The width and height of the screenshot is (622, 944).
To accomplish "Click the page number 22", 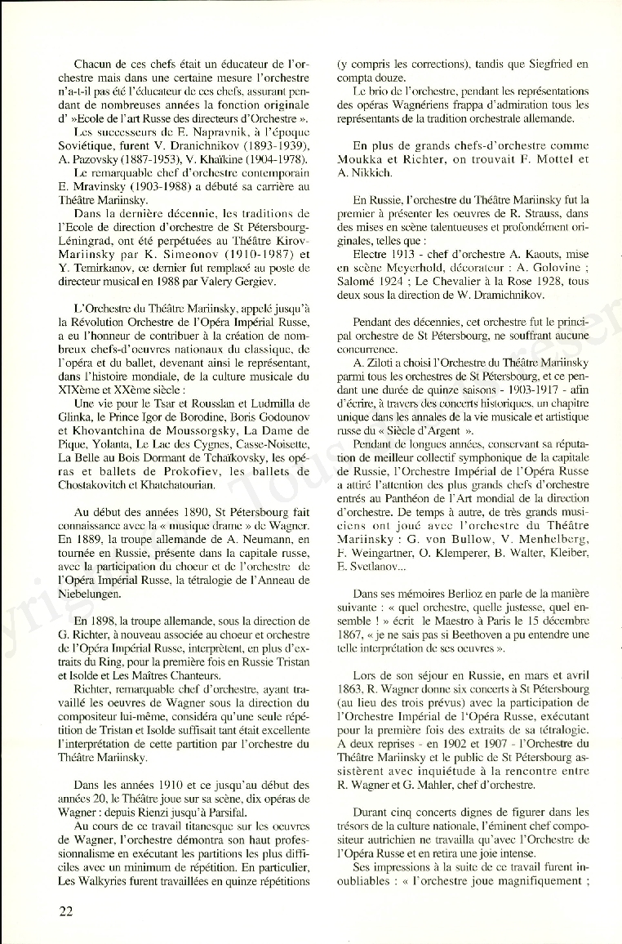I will click(64, 911).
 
